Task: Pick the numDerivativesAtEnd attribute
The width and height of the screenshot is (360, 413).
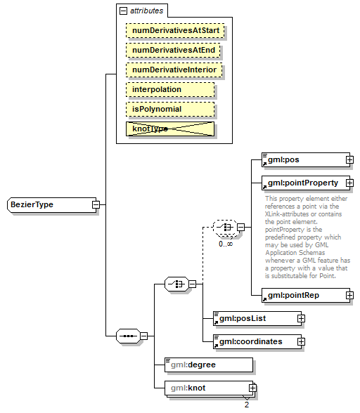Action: coord(174,51)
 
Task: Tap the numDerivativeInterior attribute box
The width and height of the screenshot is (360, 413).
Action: coord(174,70)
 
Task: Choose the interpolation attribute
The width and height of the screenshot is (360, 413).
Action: coord(169,90)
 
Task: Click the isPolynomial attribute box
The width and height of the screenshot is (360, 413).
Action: coord(169,110)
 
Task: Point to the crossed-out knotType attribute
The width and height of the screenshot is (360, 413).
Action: coord(169,129)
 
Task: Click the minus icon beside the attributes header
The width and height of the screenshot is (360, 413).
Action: coord(124,11)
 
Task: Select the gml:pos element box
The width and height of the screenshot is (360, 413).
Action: coord(303,160)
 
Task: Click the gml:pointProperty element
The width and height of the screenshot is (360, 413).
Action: coord(303,183)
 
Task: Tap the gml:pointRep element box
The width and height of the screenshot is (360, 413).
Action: coord(303,295)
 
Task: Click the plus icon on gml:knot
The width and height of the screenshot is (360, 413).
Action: coord(251,388)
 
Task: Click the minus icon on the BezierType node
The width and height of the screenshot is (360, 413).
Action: coord(96,205)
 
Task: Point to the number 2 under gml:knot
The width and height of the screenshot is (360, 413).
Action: coord(247,405)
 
